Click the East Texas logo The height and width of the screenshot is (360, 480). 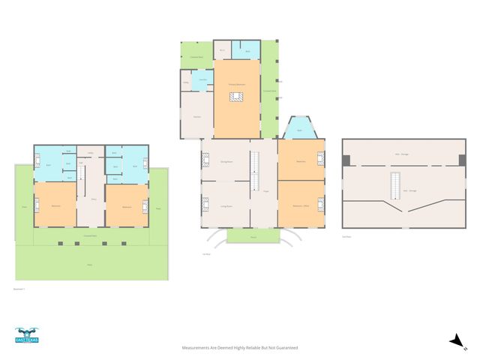(x=27, y=335)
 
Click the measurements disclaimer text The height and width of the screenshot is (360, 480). (x=240, y=348)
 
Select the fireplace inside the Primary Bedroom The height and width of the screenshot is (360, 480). (x=237, y=96)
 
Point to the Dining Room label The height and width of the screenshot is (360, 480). (x=224, y=161)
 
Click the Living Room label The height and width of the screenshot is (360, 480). (x=224, y=205)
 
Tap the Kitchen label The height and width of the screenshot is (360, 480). (x=196, y=117)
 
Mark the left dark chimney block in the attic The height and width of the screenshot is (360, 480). (x=346, y=160)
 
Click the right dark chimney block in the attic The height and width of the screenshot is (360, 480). (x=462, y=160)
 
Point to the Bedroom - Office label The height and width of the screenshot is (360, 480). (x=301, y=205)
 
